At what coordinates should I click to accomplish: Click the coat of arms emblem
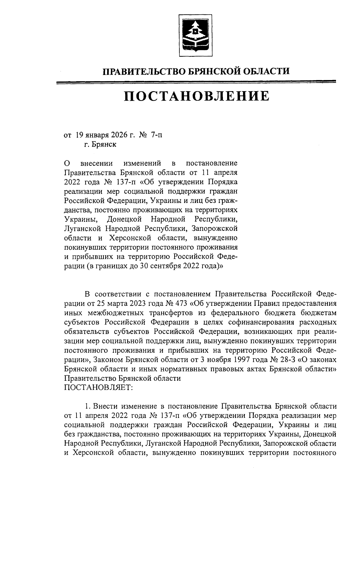(195, 35)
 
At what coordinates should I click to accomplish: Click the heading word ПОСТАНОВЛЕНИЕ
(197, 97)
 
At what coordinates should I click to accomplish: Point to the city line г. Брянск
(100, 145)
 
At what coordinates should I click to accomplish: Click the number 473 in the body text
(182, 303)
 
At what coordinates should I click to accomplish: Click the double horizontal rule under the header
(196, 82)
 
